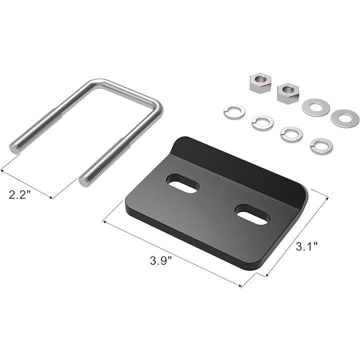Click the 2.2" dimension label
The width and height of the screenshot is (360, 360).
coord(19,194)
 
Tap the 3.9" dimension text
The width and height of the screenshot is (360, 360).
coord(161,260)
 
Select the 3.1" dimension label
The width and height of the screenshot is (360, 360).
coord(306,247)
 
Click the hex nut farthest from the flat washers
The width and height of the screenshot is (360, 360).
coord(260,83)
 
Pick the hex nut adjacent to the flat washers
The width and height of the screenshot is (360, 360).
coord(288,93)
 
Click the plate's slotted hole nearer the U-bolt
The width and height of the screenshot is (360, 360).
coord(183,183)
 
